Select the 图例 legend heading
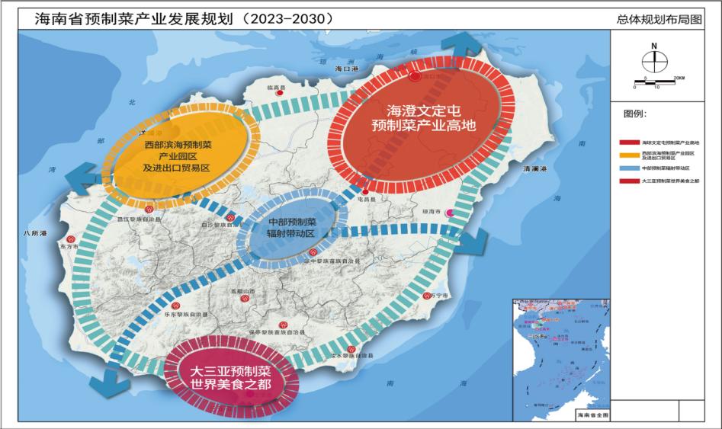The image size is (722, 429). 634,114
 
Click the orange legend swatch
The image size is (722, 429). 629,155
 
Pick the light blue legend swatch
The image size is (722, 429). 629,168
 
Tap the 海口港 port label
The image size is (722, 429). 346,69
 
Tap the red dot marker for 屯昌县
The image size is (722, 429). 367,190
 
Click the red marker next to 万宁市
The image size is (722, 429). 425,296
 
